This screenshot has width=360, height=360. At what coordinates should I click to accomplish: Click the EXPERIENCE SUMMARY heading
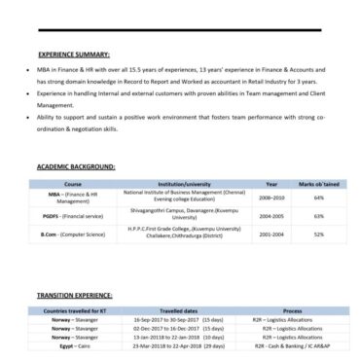pos(73,54)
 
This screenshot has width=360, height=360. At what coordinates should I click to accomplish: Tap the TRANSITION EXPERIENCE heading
pos(74,294)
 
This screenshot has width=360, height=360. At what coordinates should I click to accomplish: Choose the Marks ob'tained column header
pos(318,183)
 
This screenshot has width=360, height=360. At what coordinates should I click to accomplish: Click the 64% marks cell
pos(318,198)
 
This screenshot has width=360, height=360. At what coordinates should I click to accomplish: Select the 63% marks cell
pos(318,216)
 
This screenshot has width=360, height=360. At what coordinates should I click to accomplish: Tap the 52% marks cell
pos(318,234)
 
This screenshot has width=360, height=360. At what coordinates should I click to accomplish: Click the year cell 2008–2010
pos(271,198)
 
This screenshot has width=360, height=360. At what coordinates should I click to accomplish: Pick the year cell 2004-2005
pos(271,216)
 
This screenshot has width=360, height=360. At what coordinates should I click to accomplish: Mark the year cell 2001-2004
pos(271,234)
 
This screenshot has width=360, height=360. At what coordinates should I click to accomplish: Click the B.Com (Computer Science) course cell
pos(73,234)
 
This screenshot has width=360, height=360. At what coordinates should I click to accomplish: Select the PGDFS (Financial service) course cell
pos(73,216)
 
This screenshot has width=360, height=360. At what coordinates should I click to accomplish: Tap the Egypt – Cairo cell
pos(73,343)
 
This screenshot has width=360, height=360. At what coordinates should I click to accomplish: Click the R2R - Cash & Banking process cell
pos(292,343)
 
